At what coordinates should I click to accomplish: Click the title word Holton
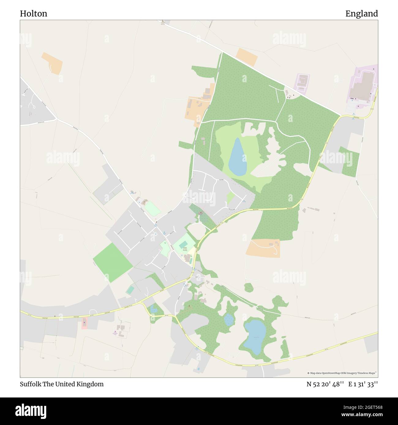tap(33, 13)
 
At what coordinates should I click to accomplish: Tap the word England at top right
tap(362, 13)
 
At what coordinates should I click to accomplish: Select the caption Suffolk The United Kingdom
tap(62, 384)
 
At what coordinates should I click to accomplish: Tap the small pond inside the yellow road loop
tap(153, 309)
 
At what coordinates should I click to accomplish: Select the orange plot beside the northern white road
tap(247, 57)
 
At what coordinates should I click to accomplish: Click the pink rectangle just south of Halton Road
tap(84, 323)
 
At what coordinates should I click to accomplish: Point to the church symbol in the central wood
tap(201, 213)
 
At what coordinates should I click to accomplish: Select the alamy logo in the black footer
tap(31, 411)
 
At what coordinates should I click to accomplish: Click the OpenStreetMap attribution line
tap(342, 373)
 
